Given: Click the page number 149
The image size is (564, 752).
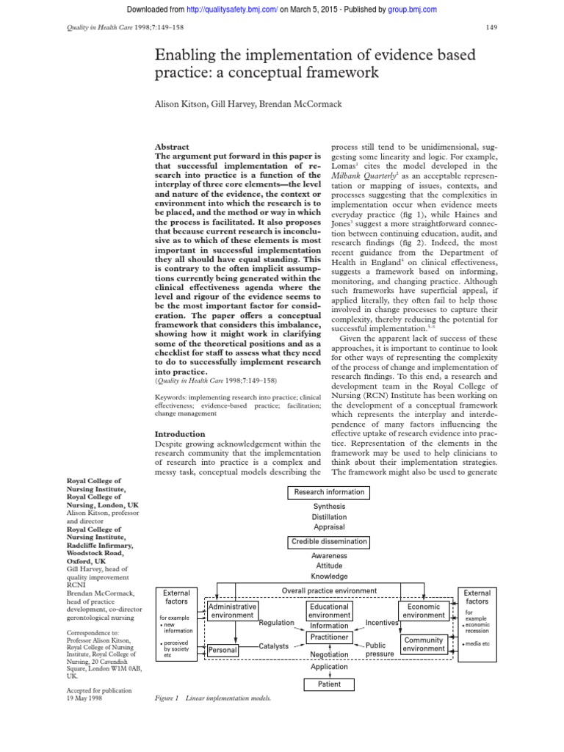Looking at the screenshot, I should [x=493, y=28].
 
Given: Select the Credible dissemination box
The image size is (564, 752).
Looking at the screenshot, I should [x=328, y=543].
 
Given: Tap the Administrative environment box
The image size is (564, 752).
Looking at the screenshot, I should [x=232, y=612].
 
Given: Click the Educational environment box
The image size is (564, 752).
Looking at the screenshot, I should [x=328, y=612].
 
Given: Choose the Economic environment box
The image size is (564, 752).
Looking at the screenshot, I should [x=424, y=612].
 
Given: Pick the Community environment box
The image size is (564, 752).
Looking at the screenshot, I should [x=424, y=645].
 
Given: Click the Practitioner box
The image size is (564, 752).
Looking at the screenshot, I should [x=328, y=637].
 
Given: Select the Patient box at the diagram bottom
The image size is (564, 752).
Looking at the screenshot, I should [x=328, y=684].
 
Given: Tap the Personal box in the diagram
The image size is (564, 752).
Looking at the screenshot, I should [x=222, y=651].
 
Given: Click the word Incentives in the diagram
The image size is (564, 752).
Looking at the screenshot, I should [x=382, y=623].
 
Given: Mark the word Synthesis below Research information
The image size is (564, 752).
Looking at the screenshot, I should [x=328, y=507].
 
